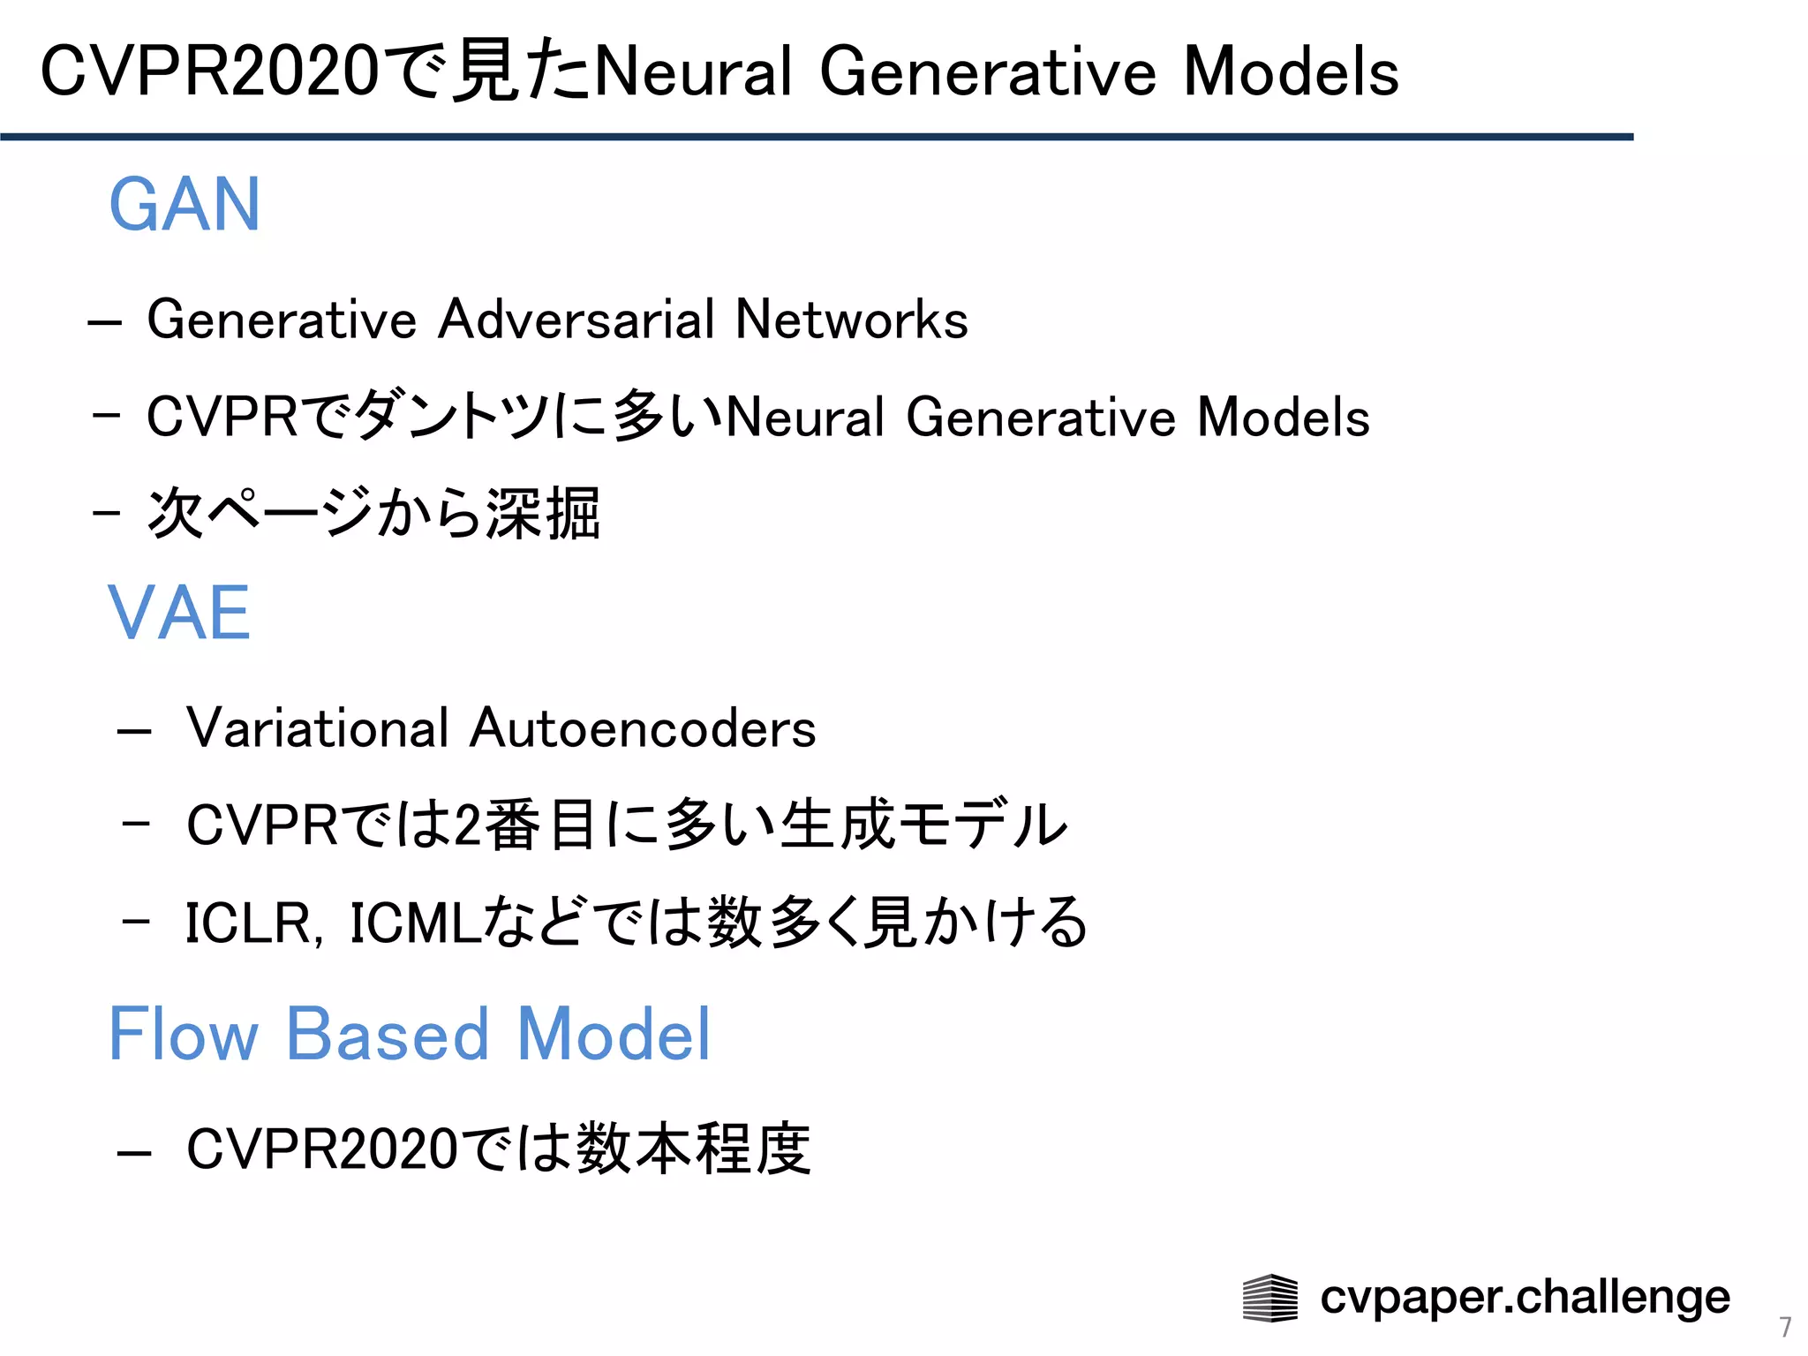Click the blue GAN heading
tap(185, 205)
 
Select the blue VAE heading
tap(179, 613)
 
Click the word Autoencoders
tap(643, 728)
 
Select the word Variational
tap(318, 728)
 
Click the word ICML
tap(415, 923)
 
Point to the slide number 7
tap(1785, 1327)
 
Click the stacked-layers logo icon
tap(1269, 1298)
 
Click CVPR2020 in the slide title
tap(210, 72)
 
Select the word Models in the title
tap(1290, 72)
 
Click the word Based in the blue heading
tap(388, 1034)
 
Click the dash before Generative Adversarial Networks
tap(105, 323)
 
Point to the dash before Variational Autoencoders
tap(134, 732)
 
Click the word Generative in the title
tap(987, 72)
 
